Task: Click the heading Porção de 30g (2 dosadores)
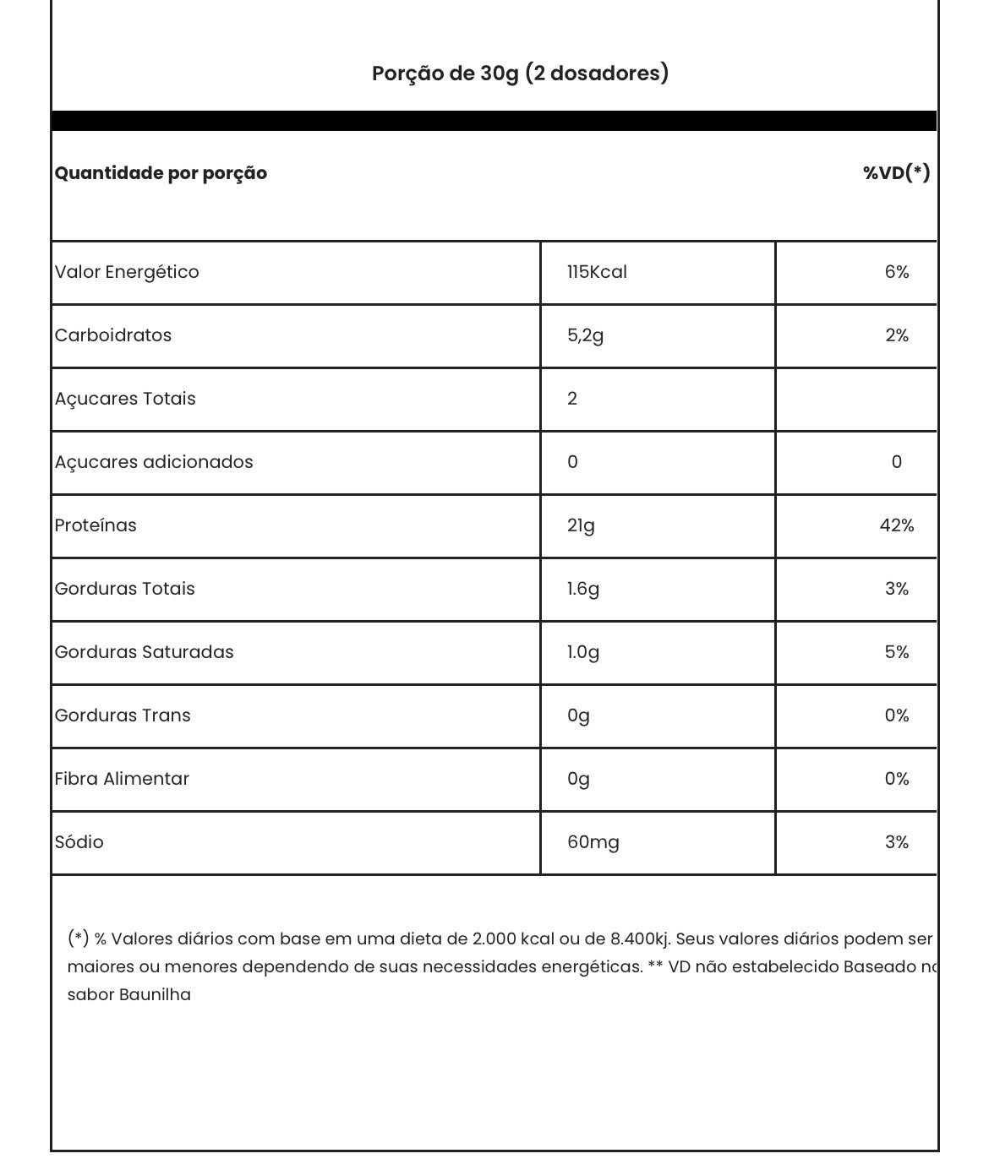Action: coord(520,73)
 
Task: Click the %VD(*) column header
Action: coord(896,173)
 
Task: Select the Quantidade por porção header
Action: coord(161,173)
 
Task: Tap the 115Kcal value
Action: coord(597,272)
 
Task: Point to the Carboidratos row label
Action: coord(113,335)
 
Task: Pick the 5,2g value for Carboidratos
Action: coord(585,335)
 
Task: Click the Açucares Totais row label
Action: coord(125,399)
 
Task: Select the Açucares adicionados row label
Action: coord(154,462)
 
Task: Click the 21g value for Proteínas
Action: coord(581,525)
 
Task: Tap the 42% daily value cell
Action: coord(896,525)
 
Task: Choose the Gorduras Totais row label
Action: coord(124,589)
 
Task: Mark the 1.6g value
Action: coord(582,589)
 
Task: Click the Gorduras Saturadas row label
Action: coord(144,652)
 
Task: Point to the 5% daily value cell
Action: coord(896,652)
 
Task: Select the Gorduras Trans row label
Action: coord(123,716)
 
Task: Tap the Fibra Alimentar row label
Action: coord(122,779)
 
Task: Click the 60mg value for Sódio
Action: coord(593,842)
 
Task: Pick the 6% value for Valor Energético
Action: coord(896,272)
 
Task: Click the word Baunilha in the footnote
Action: coord(155,995)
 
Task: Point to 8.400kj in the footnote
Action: coord(640,939)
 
